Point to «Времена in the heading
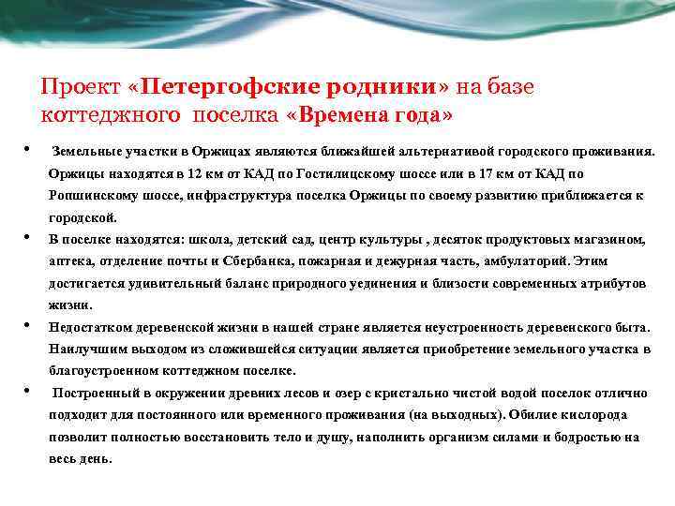[341, 114]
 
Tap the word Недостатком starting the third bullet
[92, 327]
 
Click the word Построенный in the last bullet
[95, 393]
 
